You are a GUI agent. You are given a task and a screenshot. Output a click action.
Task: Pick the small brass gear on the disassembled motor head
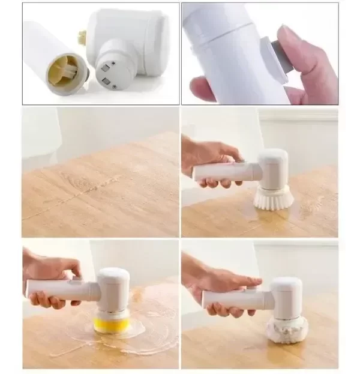click(x=82, y=37)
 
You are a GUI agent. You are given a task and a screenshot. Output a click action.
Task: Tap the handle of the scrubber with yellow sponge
click(x=60, y=289)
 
